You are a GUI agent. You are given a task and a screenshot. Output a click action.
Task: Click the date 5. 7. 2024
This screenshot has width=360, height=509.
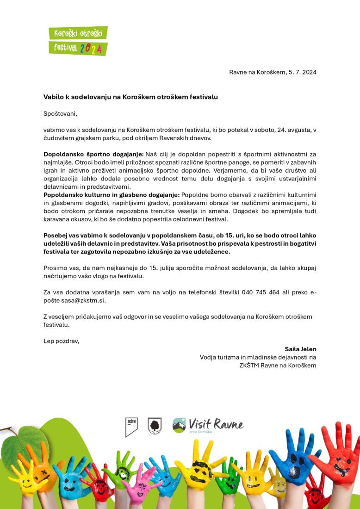pyautogui.click(x=302, y=72)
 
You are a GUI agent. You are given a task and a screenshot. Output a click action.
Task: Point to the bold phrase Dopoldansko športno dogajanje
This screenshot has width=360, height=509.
pyautogui.click(x=93, y=154)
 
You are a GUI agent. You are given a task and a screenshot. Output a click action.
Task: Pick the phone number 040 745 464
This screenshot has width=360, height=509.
pyautogui.click(x=261, y=292)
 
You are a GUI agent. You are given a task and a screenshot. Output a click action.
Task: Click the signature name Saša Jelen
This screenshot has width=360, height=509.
pyautogui.click(x=301, y=349)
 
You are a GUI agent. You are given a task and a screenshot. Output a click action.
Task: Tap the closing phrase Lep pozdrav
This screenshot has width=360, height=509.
pyautogui.click(x=61, y=341)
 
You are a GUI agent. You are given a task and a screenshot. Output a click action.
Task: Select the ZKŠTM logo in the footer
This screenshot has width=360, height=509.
pyautogui.click(x=131, y=426)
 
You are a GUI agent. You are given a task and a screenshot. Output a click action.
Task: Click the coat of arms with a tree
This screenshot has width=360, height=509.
pyautogui.click(x=155, y=425)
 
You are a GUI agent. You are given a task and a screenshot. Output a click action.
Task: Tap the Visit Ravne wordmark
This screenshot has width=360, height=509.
pyautogui.click(x=216, y=424)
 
